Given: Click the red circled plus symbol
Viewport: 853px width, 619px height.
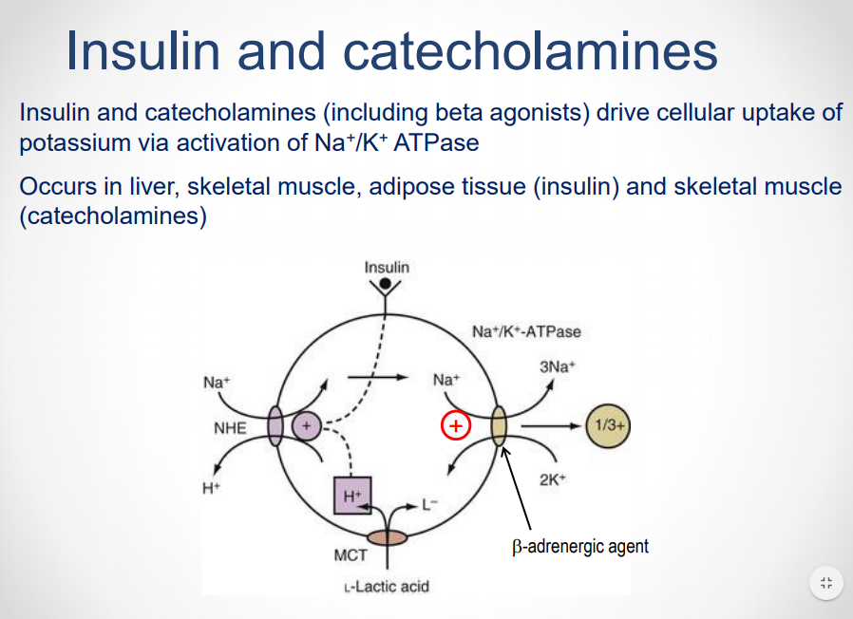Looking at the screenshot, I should click(x=456, y=426).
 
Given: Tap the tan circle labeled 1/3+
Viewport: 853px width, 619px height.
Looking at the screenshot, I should click(x=608, y=426).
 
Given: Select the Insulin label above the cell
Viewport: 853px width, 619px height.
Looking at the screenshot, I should click(x=387, y=267).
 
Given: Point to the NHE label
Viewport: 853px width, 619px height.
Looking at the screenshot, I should click(x=230, y=428).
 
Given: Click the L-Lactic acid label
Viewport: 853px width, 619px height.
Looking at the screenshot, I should click(x=386, y=586).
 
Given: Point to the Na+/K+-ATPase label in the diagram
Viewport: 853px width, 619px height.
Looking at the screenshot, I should click(x=525, y=332).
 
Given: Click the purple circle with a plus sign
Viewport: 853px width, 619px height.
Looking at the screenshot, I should click(x=307, y=427).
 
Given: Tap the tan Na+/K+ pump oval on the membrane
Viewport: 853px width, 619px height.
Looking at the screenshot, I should click(x=499, y=426).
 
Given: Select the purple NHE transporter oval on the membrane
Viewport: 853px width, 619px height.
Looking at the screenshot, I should click(x=276, y=427).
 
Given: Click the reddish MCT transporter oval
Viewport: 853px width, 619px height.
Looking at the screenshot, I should click(x=386, y=537).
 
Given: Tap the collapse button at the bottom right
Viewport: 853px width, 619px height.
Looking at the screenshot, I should click(x=825, y=582).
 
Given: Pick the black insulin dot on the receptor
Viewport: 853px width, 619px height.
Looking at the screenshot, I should click(x=385, y=284).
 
